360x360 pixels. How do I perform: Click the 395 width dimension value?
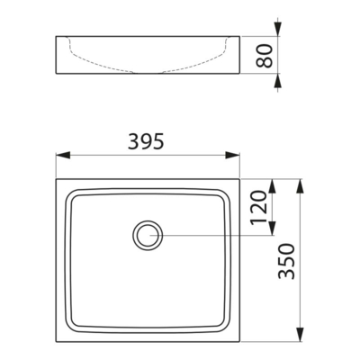tap(146, 141)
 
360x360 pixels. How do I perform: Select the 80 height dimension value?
tap(265, 56)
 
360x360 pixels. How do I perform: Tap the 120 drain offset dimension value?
tap(258, 207)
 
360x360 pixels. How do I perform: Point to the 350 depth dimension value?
tap(287, 261)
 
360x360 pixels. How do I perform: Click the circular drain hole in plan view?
tap(148, 236)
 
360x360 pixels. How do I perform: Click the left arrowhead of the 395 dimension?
tap(63, 156)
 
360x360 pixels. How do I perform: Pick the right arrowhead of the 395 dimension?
tap(233, 156)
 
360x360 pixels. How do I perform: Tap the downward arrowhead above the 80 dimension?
tap(278, 29)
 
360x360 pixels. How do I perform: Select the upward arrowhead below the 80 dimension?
tap(278, 80)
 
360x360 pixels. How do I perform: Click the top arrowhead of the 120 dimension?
tap(272, 186)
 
